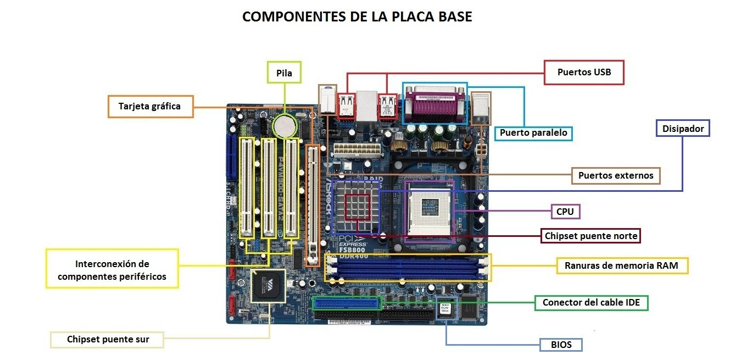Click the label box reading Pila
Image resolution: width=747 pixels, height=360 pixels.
[284, 73]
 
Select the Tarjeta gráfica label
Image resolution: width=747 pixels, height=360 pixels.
[149, 106]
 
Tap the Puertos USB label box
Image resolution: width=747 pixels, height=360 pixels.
[584, 72]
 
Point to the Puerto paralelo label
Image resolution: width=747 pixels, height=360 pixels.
[533, 133]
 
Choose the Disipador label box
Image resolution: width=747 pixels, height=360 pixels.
[683, 129]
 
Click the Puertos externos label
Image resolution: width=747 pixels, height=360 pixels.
[616, 175]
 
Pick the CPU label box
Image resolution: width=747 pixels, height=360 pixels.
[565, 212]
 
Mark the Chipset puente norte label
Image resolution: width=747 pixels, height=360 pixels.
[591, 236]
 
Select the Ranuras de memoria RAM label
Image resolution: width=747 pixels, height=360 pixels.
[621, 265]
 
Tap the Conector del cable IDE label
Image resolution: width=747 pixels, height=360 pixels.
[591, 302]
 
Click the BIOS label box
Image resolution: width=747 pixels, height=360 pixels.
[561, 345]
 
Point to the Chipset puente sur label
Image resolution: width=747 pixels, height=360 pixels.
[108, 339]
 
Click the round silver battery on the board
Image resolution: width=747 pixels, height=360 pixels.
[285, 125]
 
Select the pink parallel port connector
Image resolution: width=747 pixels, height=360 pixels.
[434, 104]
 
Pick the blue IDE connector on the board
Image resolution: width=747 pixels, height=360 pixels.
[347, 303]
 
